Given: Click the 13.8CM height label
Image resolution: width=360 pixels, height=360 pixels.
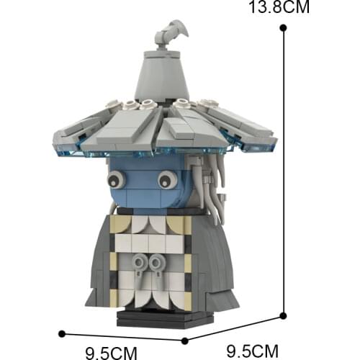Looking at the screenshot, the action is (x=279, y=7).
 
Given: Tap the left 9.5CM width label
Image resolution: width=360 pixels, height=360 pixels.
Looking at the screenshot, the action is (x=112, y=354).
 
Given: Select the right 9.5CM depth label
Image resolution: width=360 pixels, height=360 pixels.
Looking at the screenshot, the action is (x=253, y=351).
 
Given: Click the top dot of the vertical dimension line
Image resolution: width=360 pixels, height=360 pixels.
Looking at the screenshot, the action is (x=283, y=28).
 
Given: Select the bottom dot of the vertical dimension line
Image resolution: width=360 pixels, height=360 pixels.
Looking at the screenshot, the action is (x=283, y=316).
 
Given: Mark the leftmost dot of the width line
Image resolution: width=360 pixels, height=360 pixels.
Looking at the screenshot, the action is (x=62, y=333).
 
